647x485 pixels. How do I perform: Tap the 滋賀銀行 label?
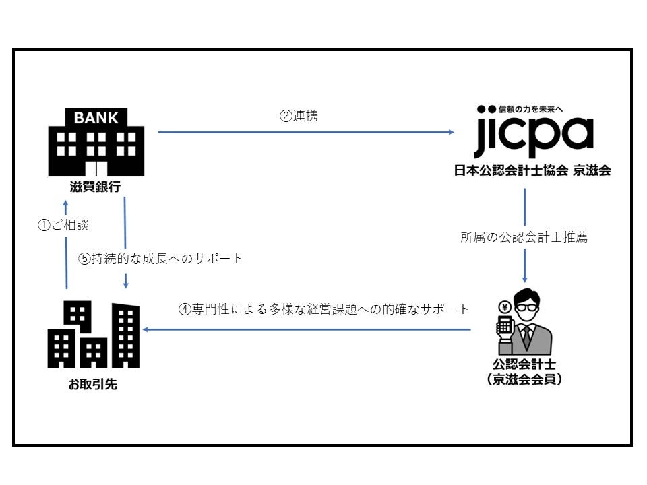point(95,187)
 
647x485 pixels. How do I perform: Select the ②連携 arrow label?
point(299,116)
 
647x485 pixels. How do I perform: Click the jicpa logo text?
point(533,137)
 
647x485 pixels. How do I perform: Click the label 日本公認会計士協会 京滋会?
point(532,171)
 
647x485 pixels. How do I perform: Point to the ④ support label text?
point(323,310)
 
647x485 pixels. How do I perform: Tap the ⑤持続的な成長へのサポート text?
point(160,259)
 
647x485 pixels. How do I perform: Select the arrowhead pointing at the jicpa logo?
point(451,132)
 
